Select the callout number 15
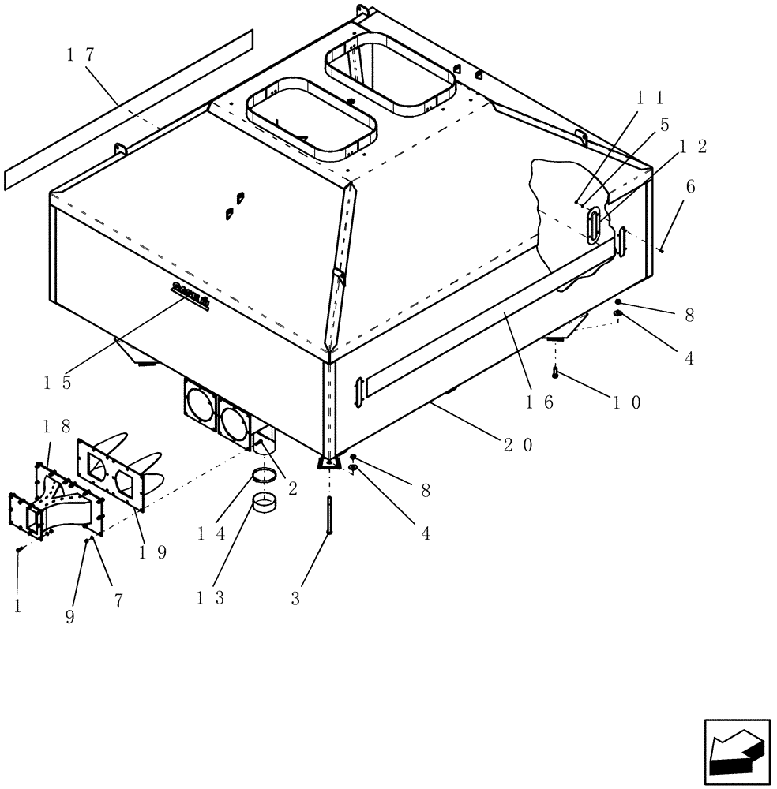click(57, 383)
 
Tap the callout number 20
click(517, 445)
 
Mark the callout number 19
click(152, 552)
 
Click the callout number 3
click(295, 598)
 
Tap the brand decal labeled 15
click(190, 295)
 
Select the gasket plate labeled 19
click(111, 474)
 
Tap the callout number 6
click(690, 187)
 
